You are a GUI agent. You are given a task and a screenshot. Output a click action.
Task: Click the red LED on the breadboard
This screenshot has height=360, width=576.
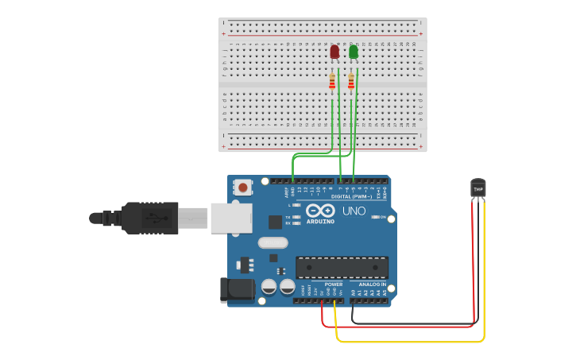pyautogui.click(x=334, y=52)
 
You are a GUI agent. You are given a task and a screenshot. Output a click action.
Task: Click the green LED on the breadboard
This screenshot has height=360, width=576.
pyautogui.click(x=354, y=52)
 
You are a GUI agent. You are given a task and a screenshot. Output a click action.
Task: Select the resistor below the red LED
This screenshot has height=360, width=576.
pyautogui.click(x=332, y=81)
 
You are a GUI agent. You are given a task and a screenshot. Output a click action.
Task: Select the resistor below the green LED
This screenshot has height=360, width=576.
pyautogui.click(x=351, y=81)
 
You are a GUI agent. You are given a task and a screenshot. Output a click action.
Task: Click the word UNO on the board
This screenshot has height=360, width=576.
pyautogui.click(x=354, y=211)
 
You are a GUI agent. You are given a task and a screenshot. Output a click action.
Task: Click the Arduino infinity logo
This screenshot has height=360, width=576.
pyautogui.click(x=320, y=211)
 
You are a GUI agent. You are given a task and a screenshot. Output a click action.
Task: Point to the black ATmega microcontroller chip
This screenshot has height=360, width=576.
pyautogui.click(x=342, y=267)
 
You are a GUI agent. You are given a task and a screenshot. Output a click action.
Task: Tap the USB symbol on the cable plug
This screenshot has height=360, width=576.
pyautogui.click(x=149, y=217)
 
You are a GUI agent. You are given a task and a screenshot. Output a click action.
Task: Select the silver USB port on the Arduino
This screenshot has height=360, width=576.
pyautogui.click(x=230, y=218)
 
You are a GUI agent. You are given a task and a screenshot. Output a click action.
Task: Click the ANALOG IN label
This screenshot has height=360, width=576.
pyautogui.click(x=372, y=284)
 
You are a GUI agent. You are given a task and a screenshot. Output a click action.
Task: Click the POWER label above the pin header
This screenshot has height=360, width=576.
pyautogui.click(x=334, y=284)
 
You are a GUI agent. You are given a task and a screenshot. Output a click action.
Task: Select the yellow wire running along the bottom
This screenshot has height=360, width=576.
pyautogui.click(x=413, y=342)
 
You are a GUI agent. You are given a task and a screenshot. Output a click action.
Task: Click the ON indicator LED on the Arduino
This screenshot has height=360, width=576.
pyautogui.click(x=373, y=217)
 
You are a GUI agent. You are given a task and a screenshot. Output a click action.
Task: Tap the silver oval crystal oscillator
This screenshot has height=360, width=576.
pyautogui.click(x=273, y=243)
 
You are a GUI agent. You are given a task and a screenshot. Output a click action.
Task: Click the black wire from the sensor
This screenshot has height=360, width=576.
pyautogui.click(x=413, y=323)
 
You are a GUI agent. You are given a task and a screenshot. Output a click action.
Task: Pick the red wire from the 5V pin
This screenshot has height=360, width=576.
pyautogui.click(x=397, y=327)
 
